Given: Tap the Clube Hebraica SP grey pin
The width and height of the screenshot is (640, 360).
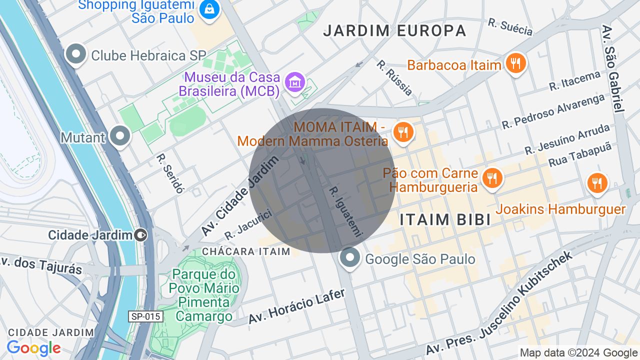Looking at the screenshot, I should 76,54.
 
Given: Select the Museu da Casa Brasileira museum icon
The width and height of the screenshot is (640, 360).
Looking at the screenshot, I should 295,82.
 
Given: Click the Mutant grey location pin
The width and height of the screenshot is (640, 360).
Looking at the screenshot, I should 120,136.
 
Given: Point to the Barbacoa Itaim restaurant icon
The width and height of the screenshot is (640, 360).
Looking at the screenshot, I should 515,63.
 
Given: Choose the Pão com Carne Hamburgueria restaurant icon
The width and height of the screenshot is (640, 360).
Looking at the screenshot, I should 492,178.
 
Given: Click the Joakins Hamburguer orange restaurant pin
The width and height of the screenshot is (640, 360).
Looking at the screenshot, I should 596,183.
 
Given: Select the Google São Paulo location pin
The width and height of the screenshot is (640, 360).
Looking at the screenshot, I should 349,258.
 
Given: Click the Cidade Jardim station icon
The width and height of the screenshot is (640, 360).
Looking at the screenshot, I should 141,234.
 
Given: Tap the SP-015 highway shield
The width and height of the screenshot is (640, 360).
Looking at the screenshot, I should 145,316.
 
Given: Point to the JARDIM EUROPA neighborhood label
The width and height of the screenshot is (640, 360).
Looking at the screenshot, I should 394,31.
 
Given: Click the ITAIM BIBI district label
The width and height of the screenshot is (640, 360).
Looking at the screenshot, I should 445,219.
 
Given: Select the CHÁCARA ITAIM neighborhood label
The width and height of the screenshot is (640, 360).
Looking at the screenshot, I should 246,251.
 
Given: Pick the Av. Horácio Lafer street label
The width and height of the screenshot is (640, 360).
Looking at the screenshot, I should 296,306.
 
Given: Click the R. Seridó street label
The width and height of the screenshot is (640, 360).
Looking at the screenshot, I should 170,173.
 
